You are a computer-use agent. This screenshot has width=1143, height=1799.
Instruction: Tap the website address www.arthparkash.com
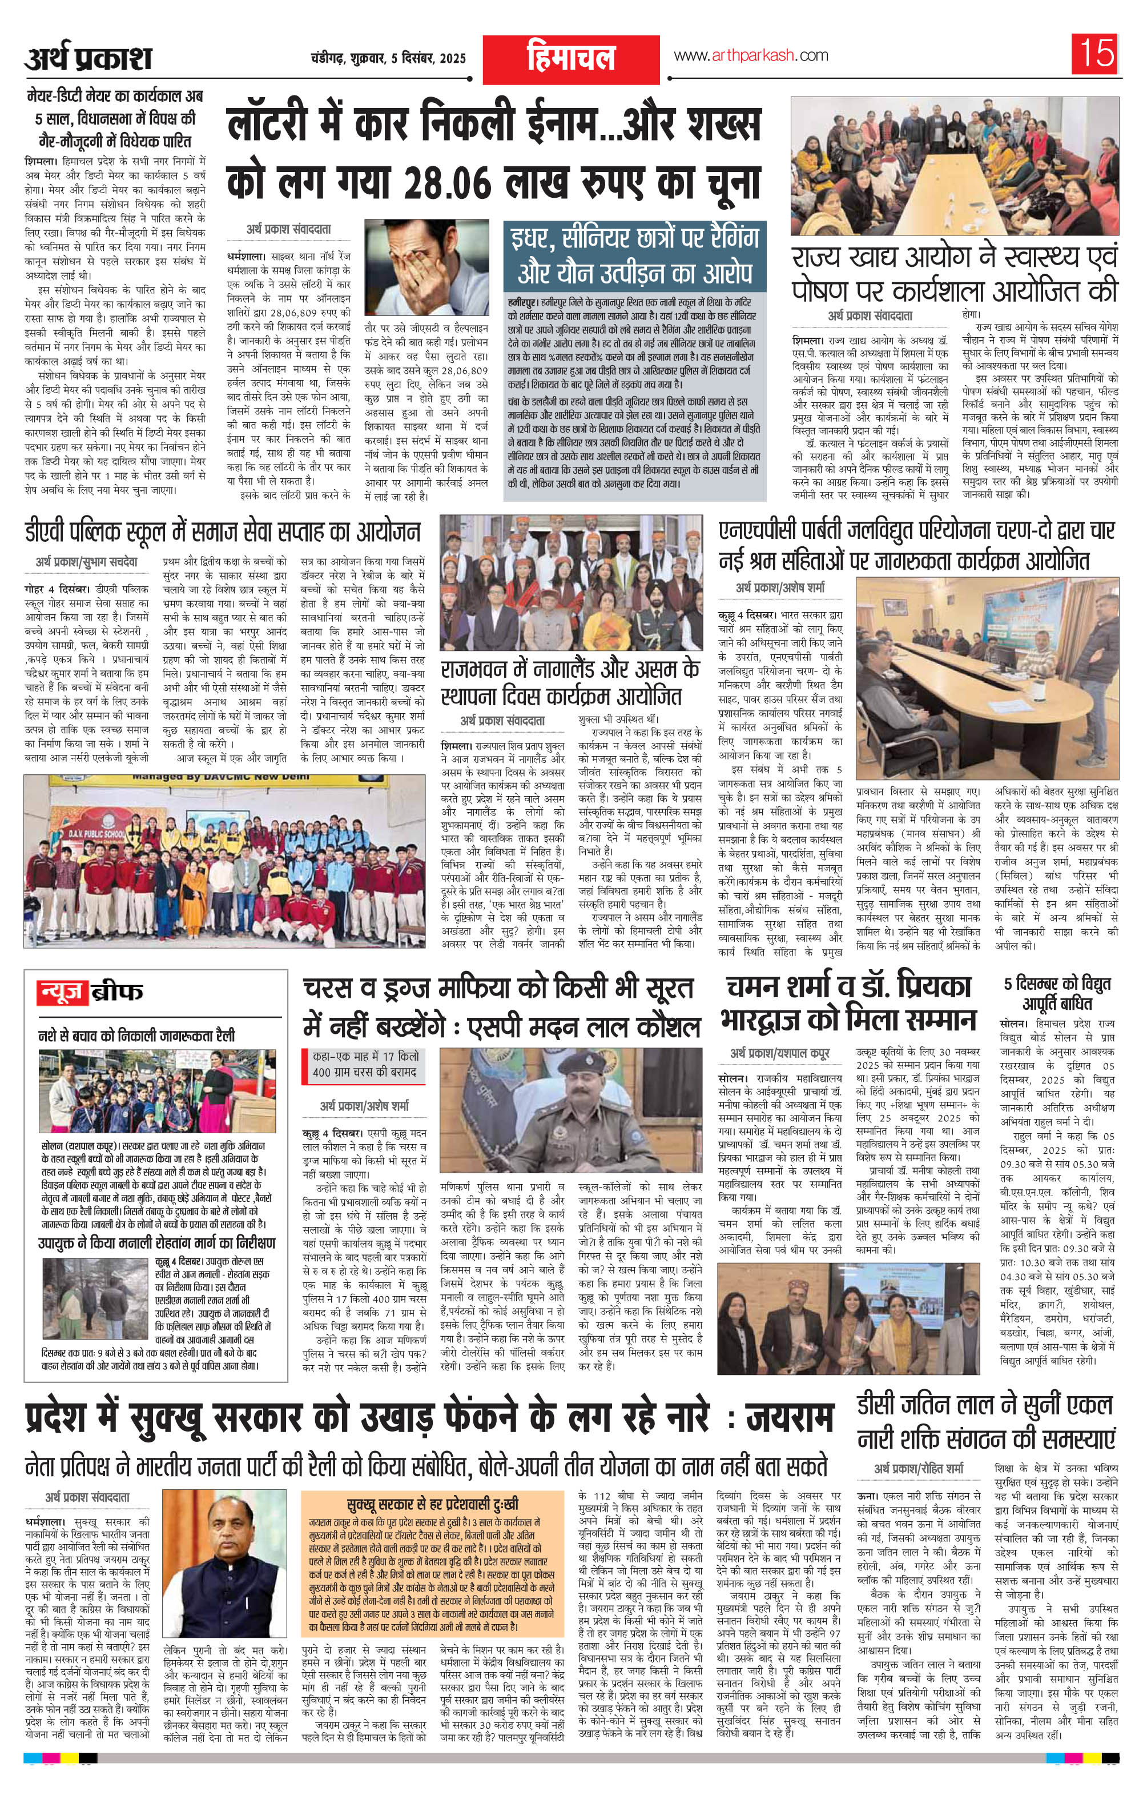[751, 55]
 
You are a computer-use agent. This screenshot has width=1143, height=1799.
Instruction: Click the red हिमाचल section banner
[571, 58]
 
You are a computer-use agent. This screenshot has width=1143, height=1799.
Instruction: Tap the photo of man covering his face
[426, 267]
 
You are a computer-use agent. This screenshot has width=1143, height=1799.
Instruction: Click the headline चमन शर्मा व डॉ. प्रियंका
[847, 1004]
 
